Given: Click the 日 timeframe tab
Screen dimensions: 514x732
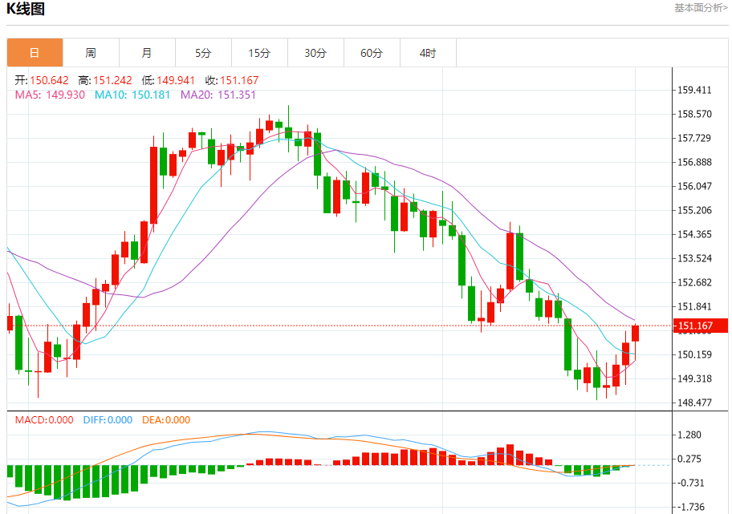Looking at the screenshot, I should point(35,53).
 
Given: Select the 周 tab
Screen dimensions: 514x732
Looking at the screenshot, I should point(91,53).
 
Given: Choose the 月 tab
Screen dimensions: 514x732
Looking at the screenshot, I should point(147,53).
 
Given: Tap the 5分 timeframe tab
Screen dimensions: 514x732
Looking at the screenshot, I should point(203,53).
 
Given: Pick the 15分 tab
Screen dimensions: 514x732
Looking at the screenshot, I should point(259,53).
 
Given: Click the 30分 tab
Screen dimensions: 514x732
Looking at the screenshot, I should point(315,53).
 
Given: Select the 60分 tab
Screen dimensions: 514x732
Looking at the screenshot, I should point(372,53).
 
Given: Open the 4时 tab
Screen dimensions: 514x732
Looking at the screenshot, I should point(428,53).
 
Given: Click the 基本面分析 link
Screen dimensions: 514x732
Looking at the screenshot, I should point(701,8).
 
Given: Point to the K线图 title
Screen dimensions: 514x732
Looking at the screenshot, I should point(26,10).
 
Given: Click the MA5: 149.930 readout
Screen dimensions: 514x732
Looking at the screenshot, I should point(50,95).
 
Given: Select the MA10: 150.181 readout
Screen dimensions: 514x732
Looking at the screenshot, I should point(132,95).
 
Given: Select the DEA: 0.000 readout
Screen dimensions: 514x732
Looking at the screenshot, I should point(166,419).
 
